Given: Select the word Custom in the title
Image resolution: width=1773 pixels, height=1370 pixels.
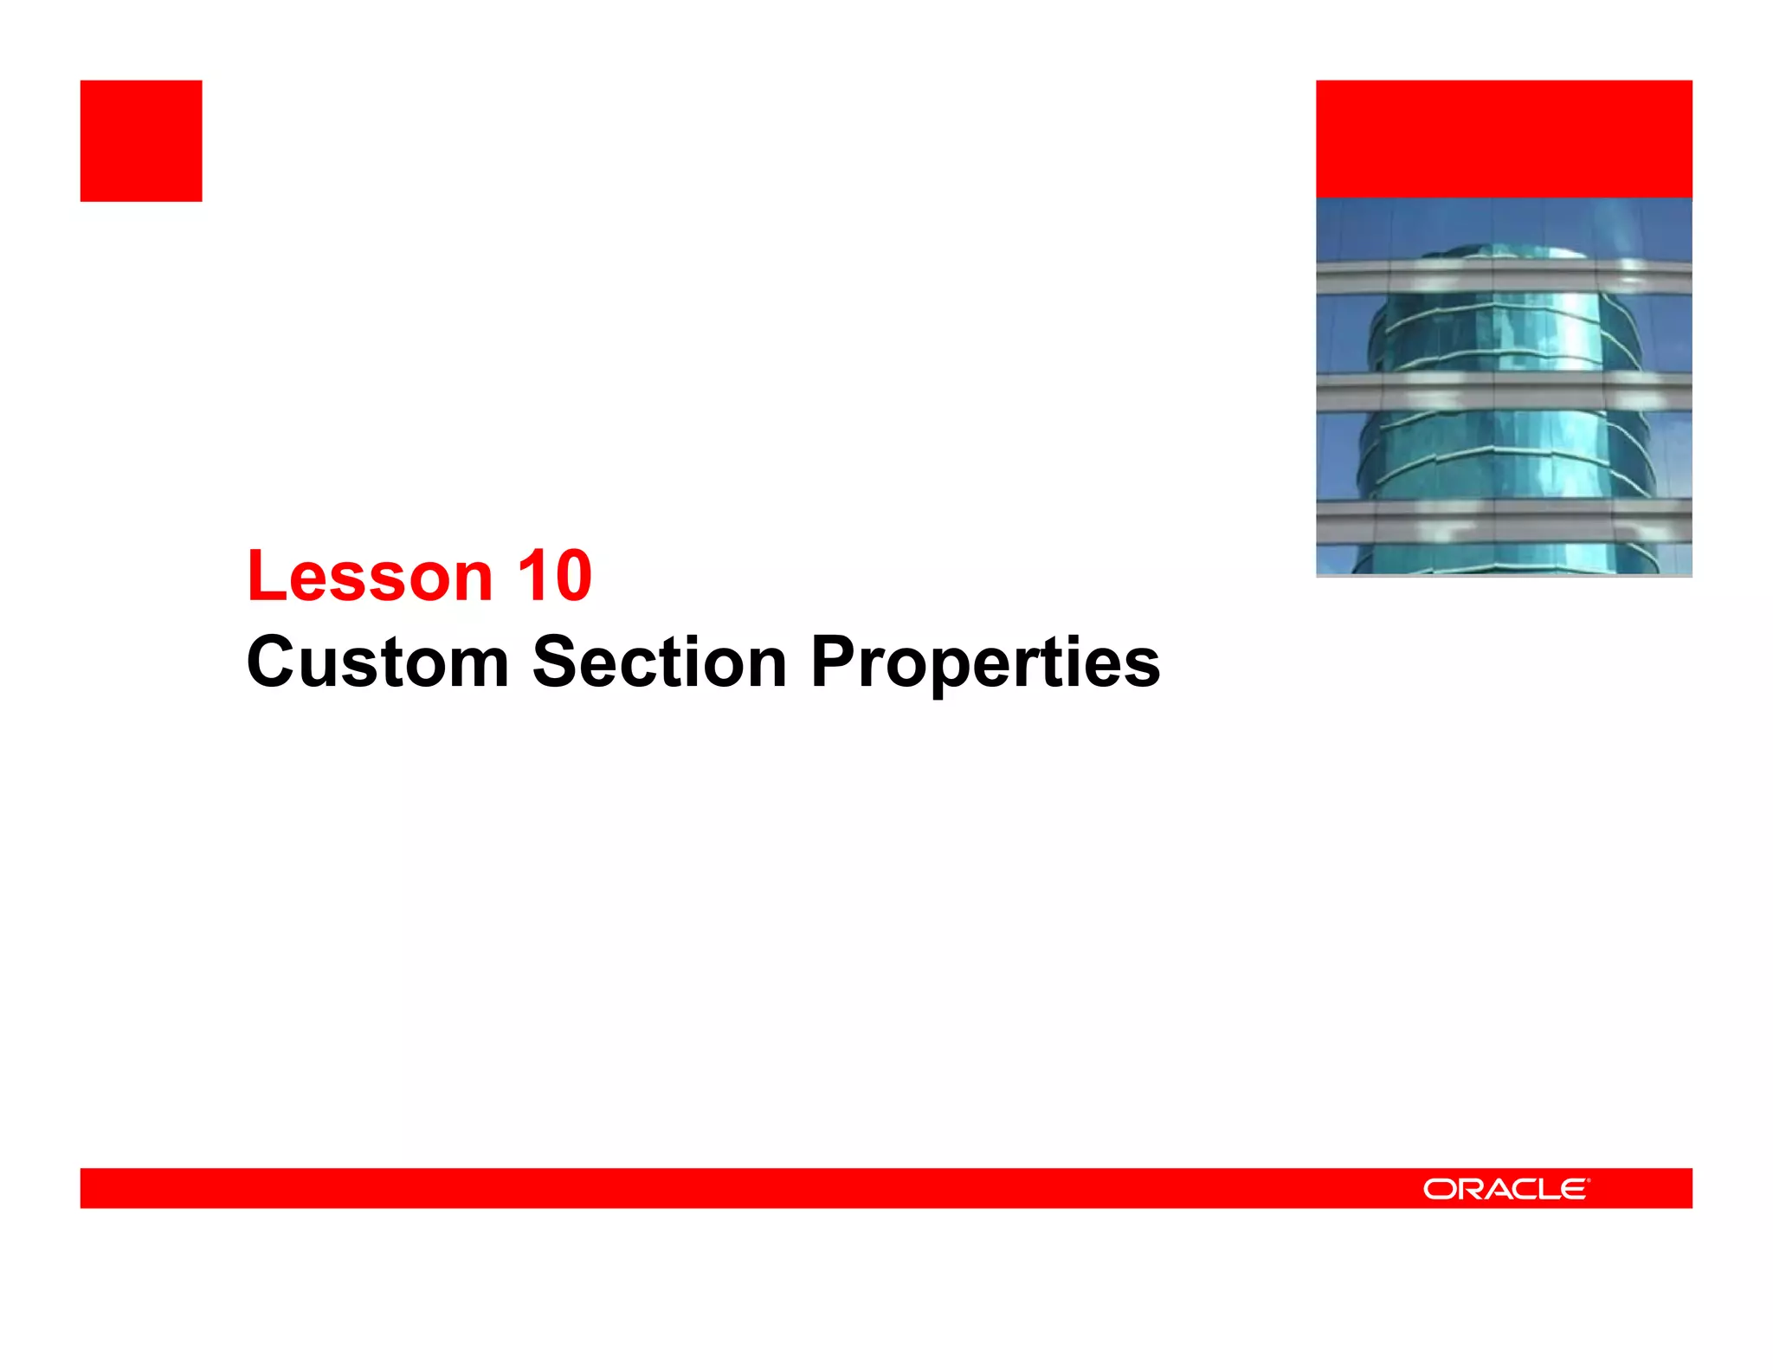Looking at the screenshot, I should coord(377,662).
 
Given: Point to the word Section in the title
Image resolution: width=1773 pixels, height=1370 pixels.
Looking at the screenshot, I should coord(659,662).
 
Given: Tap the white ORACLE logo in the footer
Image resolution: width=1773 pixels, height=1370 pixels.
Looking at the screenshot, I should coord(1505,1189).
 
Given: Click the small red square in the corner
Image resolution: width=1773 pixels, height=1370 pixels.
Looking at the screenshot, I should coord(141,141).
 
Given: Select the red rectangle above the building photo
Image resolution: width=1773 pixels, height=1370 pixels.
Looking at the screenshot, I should coord(1504,139).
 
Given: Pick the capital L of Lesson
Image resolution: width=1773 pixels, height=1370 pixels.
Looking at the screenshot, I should coord(264,577).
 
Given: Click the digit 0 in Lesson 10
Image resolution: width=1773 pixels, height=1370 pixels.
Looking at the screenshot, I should coord(572,577).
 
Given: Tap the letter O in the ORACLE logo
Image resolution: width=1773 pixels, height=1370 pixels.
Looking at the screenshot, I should coord(1439,1189).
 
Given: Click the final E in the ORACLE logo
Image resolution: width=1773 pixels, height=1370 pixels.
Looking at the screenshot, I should coord(1575,1189).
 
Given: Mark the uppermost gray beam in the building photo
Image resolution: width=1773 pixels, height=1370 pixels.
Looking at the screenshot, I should coord(1504,276).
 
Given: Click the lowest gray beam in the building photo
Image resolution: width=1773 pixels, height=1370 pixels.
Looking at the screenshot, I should coord(1504,520).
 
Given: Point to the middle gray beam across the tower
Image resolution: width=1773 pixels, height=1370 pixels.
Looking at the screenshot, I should coord(1504,391).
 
